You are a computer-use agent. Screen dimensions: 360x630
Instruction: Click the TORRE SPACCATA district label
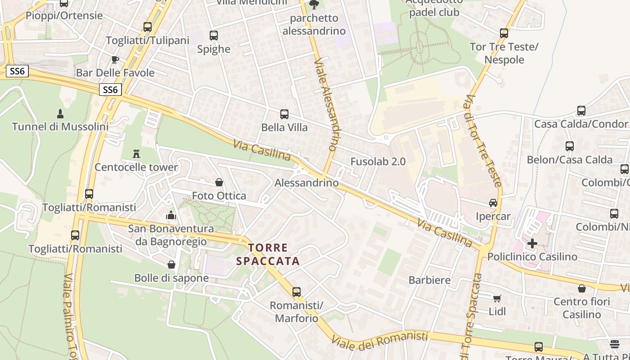pos(268,254)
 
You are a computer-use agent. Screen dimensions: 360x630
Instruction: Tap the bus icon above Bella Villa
pos(284,114)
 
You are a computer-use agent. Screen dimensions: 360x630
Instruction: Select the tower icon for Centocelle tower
pos(136,154)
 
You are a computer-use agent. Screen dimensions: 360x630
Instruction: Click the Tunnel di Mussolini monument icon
pos(60,113)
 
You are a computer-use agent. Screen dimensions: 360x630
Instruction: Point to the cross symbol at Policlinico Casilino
pos(532,243)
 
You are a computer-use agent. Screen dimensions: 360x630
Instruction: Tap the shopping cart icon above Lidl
pos(497,298)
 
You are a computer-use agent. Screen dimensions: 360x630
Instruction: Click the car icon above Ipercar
pos(493,203)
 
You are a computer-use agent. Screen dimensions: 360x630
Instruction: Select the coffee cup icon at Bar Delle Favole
pos(115,59)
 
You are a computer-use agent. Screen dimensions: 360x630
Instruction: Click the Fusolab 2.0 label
pos(378,162)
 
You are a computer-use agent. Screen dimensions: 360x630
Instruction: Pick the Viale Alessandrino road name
pos(326,103)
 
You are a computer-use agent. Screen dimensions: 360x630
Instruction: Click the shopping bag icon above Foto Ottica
pos(219,182)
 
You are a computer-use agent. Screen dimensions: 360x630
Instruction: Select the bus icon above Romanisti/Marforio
pos(296,292)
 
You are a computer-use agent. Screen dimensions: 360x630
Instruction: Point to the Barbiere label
pos(429,280)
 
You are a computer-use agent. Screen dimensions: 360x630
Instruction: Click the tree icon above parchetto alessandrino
pos(314,5)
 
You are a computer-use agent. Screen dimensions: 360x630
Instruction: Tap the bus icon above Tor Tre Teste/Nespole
pos(504,33)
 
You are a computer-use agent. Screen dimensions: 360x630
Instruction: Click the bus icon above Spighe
pos(214,36)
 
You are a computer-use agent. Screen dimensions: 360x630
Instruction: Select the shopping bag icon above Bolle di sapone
pos(171,265)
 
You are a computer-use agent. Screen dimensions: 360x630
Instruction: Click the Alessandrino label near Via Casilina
pos(306,183)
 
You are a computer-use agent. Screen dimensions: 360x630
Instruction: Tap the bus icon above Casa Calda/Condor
pos(581,111)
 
